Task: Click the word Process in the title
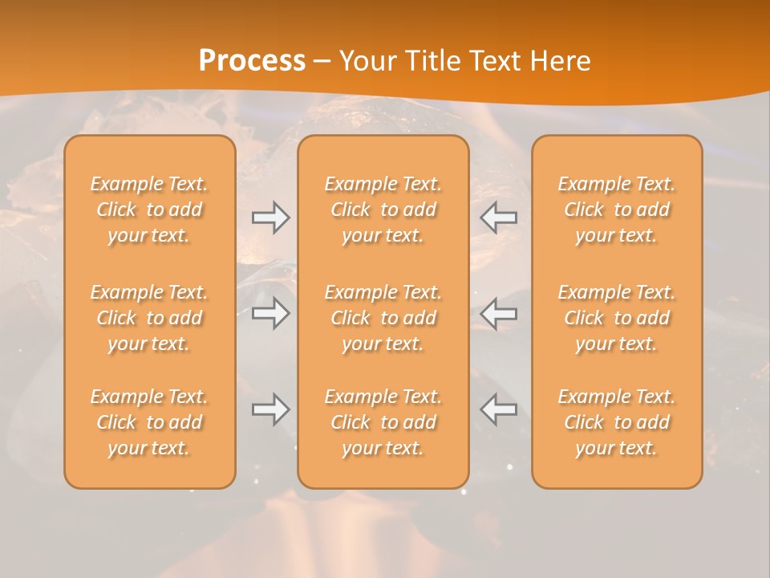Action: pos(252,61)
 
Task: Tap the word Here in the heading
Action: pos(561,61)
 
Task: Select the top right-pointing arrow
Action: pos(270,218)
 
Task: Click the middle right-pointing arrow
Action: pos(270,313)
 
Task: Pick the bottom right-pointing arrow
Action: pos(270,409)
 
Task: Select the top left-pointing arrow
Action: pos(499,218)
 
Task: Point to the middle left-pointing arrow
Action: pos(499,313)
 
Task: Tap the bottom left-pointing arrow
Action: pos(499,409)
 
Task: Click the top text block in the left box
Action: pos(149,210)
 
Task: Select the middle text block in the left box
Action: pos(149,318)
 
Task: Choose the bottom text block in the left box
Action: pos(149,422)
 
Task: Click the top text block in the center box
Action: pos(383,210)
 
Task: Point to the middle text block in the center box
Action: pos(383,318)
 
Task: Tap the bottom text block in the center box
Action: pos(383,422)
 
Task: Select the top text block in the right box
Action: pos(617,210)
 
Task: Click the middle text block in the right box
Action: pos(617,318)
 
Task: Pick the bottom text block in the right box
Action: pos(617,422)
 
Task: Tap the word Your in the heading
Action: pos(366,61)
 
